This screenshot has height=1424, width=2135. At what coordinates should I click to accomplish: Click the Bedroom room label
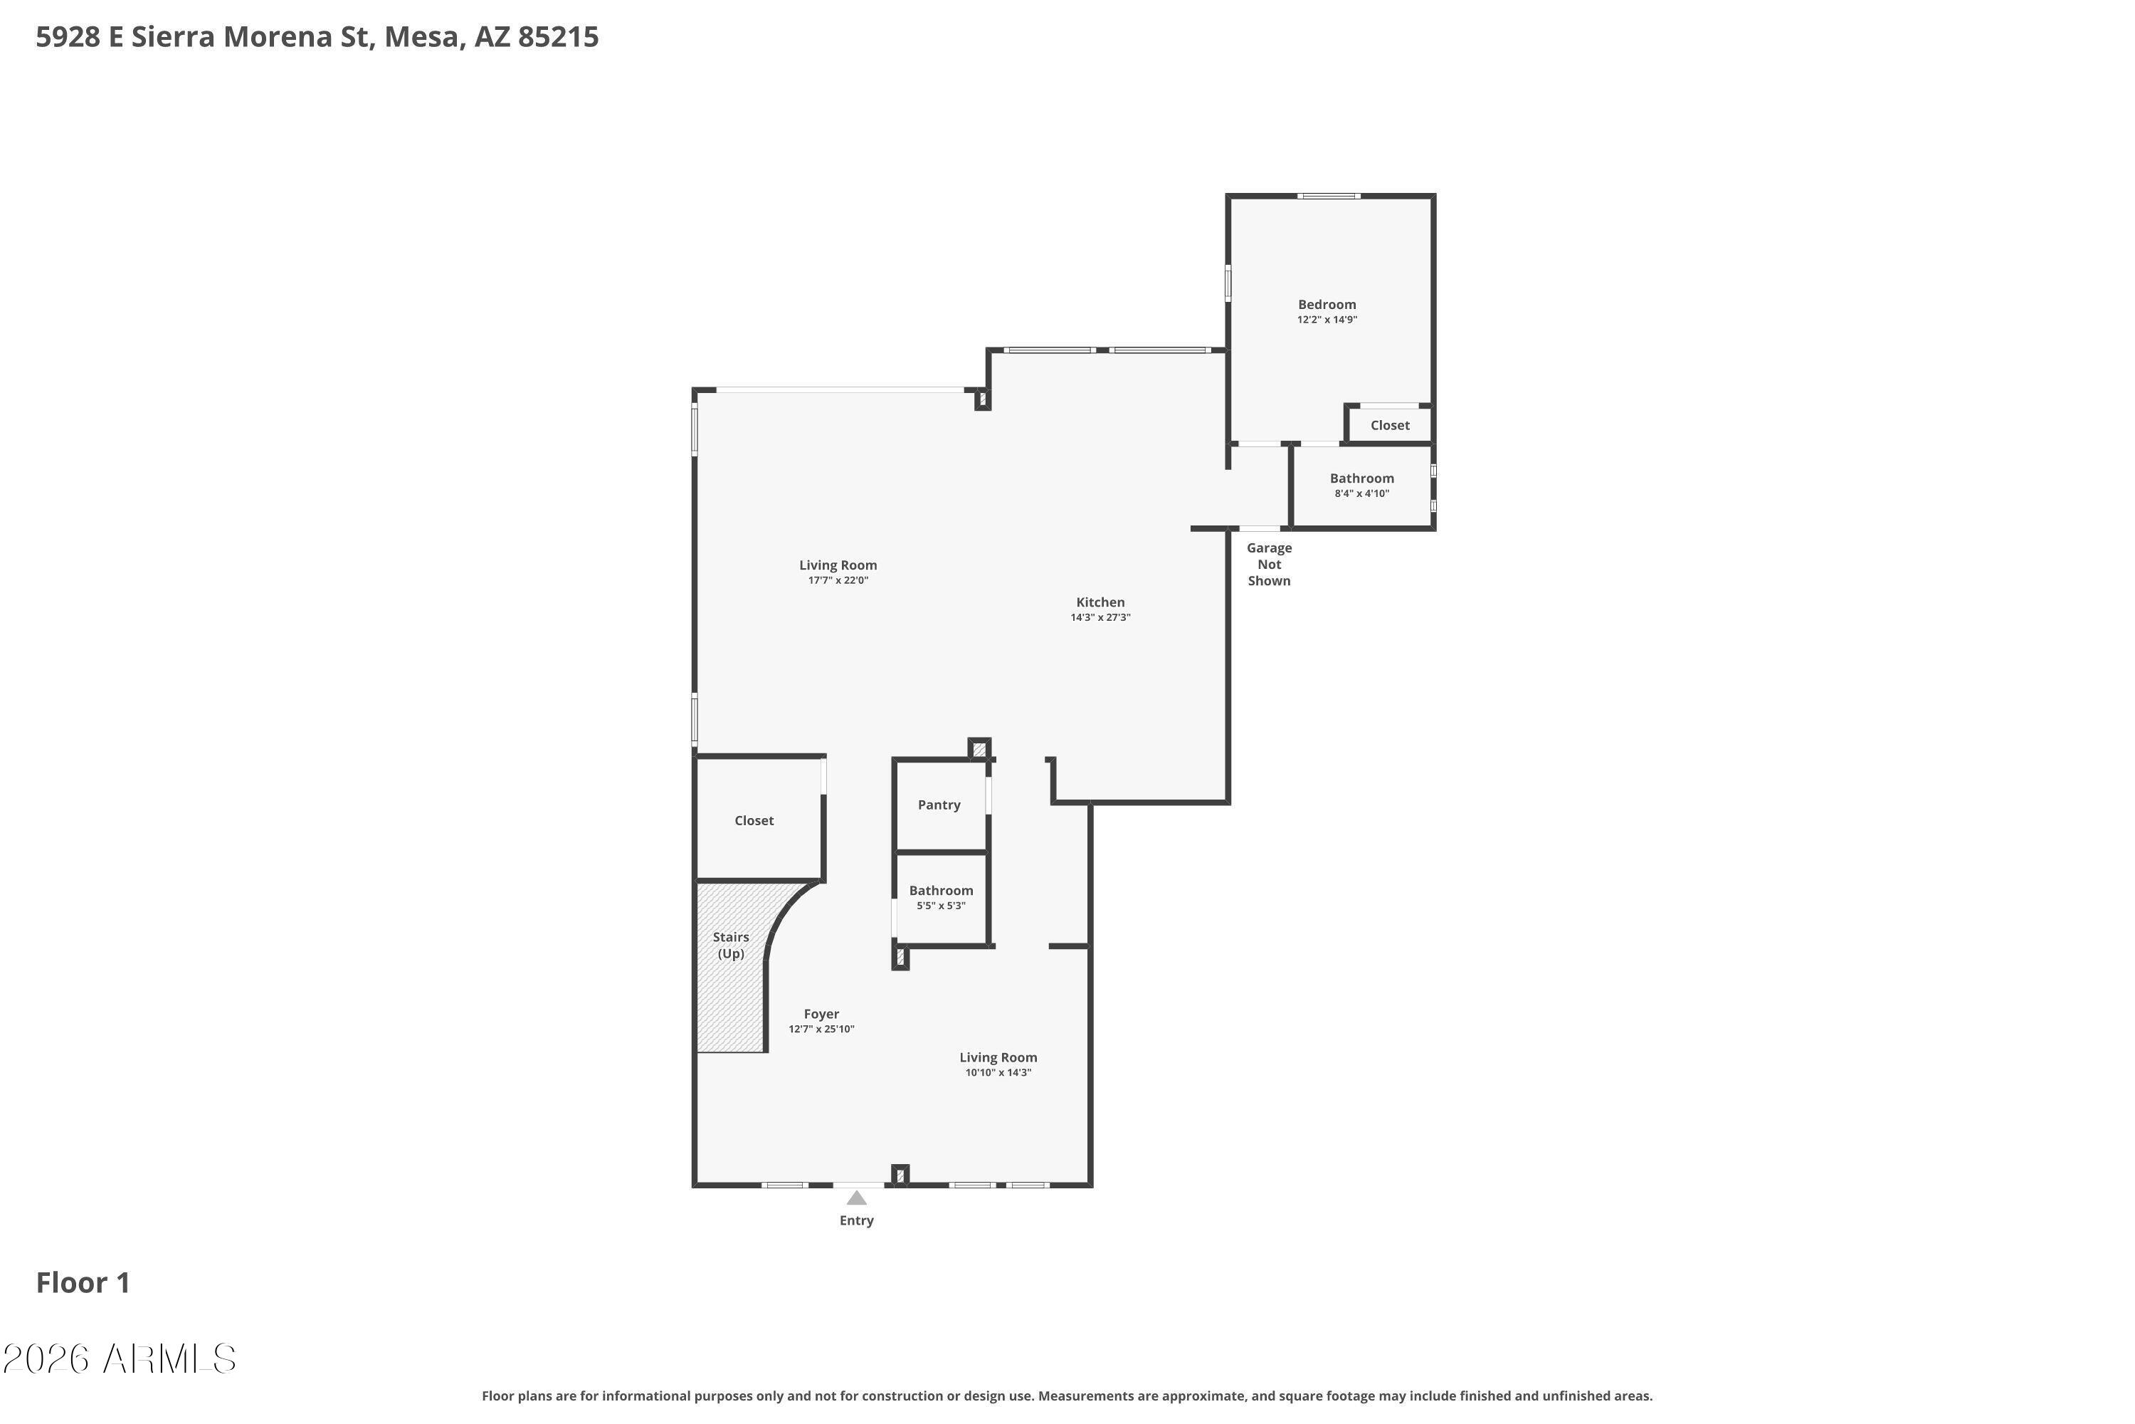1327,304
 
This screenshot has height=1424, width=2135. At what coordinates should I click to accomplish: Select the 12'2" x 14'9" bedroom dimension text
1327,320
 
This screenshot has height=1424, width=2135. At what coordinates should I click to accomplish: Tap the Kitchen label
1100,602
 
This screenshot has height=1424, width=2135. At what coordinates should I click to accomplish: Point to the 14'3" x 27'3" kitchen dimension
1100,617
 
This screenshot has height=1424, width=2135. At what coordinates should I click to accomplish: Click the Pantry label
939,805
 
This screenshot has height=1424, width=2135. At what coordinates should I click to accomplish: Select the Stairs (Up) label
731,946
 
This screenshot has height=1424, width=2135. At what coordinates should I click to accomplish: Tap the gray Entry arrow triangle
856,1198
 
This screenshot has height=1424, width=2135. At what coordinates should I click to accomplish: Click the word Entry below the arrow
856,1220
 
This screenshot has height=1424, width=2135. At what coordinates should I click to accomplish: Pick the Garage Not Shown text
1269,564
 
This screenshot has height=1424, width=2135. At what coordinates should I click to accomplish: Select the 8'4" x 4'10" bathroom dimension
1361,494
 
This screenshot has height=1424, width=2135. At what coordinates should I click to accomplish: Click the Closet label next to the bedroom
1390,425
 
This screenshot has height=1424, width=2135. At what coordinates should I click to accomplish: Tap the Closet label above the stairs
754,820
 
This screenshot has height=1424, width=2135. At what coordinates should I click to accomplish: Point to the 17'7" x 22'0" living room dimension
838,580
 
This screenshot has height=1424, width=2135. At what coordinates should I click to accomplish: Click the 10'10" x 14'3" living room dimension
998,1072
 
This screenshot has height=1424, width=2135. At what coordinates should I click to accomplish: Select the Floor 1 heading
83,1282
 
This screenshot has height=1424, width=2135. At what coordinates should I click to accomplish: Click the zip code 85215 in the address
558,37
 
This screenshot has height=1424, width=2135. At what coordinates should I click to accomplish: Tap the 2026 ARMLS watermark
119,1358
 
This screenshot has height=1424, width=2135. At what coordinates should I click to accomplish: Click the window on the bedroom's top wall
1328,197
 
